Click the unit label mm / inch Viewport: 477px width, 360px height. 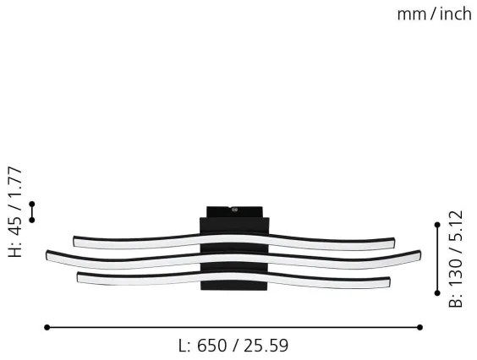pyautogui.click(x=434, y=14)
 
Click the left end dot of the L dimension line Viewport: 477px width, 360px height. pyautogui.click(x=47, y=327)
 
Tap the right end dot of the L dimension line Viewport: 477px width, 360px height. pyautogui.click(x=420, y=327)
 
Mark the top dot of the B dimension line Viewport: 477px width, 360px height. pyautogui.click(x=437, y=225)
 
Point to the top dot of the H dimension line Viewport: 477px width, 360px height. pyautogui.click(x=32, y=204)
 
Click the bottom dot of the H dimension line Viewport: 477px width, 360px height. pyautogui.click(x=32, y=220)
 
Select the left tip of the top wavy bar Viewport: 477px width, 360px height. pyautogui.click(x=76, y=241)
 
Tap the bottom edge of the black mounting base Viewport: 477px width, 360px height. pyautogui.click(x=234, y=290)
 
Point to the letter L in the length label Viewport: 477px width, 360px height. pyautogui.click(x=183, y=346)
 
